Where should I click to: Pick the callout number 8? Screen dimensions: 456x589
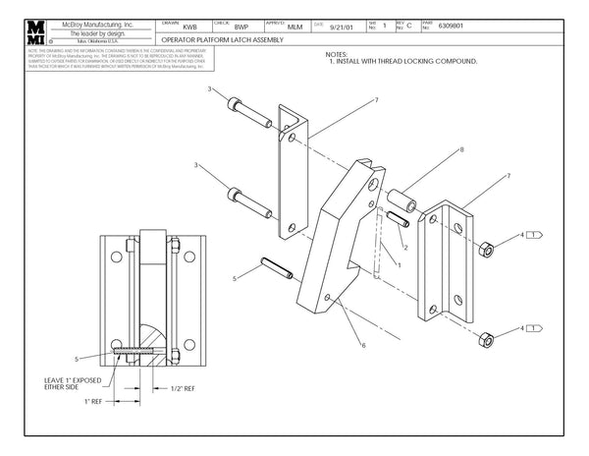(461, 150)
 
